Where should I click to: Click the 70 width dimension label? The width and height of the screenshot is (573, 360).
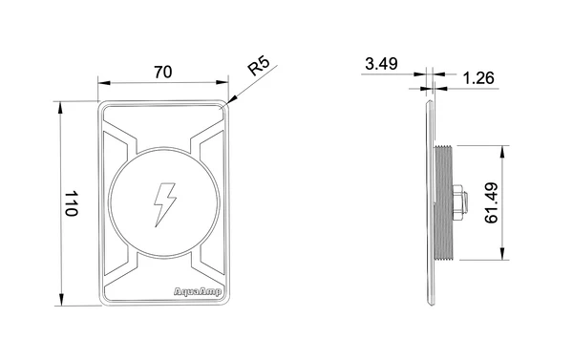[x=163, y=72]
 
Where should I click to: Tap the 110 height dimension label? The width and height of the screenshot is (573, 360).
[x=72, y=203]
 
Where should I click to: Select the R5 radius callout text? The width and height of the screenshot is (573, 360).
[x=259, y=66]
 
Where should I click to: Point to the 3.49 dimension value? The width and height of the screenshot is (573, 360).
[x=381, y=64]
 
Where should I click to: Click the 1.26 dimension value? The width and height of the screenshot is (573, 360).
[x=478, y=78]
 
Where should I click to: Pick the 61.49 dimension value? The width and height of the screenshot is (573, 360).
[x=491, y=203]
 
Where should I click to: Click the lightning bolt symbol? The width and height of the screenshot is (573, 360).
[x=165, y=204]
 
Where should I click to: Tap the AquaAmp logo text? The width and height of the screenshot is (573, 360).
[x=198, y=292]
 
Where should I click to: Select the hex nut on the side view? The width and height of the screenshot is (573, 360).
[x=459, y=202]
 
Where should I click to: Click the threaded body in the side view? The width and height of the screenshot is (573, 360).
[x=444, y=202]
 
